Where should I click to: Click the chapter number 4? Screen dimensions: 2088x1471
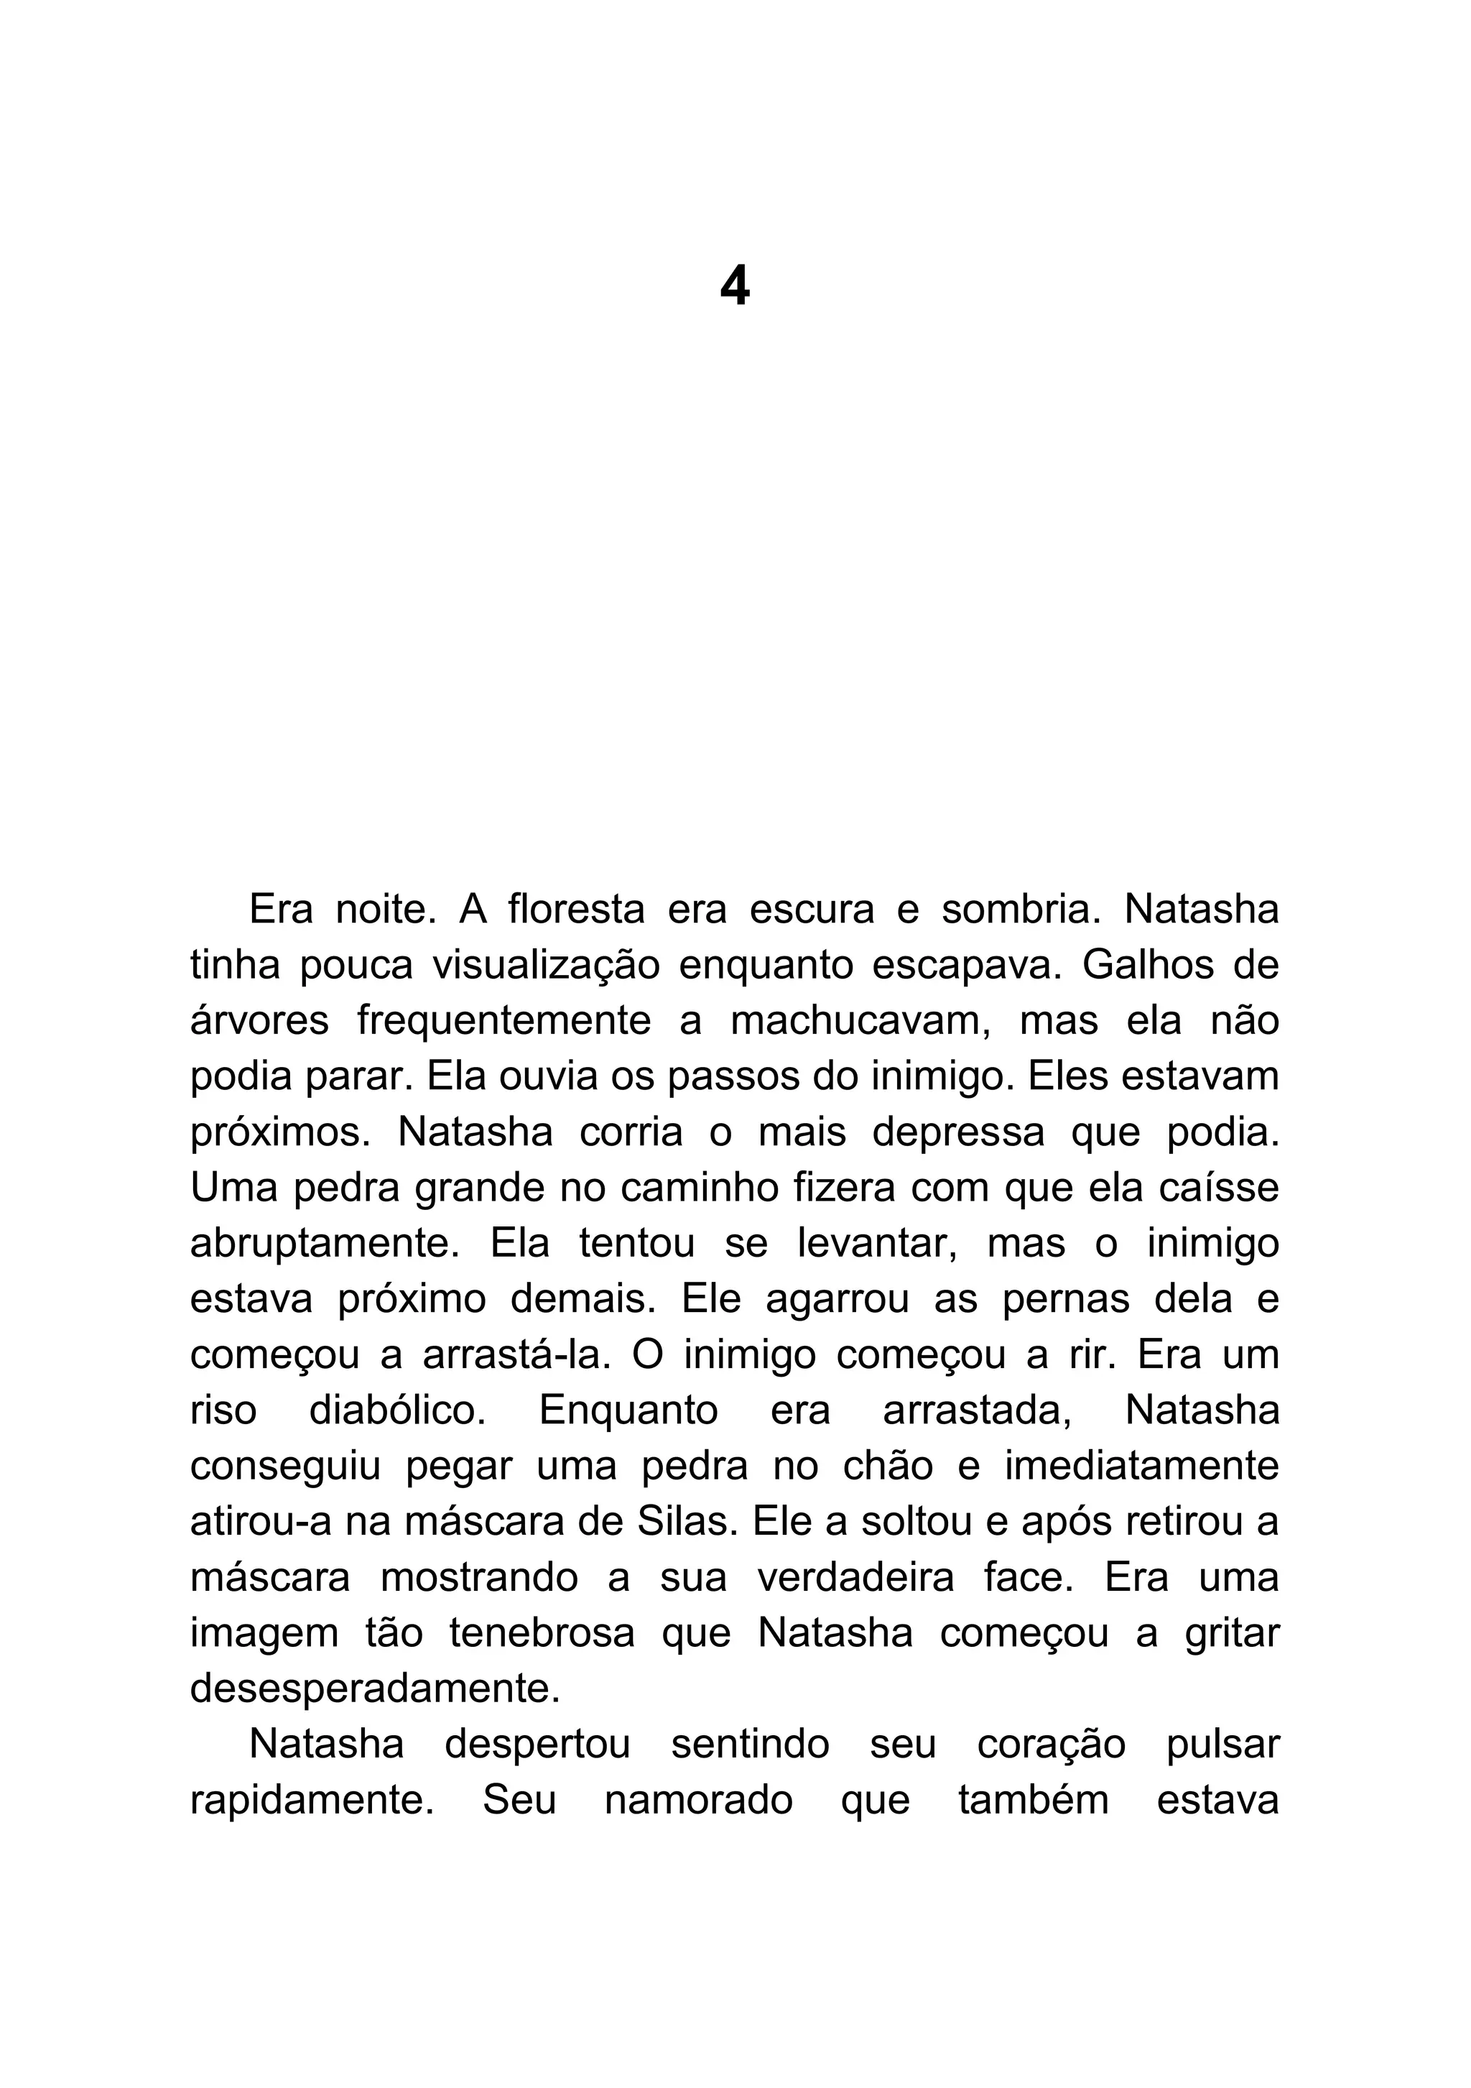click(735, 287)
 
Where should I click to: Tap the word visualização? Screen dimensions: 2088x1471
click(545, 965)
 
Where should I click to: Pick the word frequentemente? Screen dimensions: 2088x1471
click(504, 1020)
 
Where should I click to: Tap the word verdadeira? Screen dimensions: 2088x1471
click(855, 1578)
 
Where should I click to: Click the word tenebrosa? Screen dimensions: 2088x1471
click(542, 1633)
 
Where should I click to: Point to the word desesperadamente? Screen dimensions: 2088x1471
click(374, 1689)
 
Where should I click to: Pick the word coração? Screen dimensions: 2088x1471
click(1051, 1745)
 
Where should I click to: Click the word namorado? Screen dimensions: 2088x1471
click(698, 1801)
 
